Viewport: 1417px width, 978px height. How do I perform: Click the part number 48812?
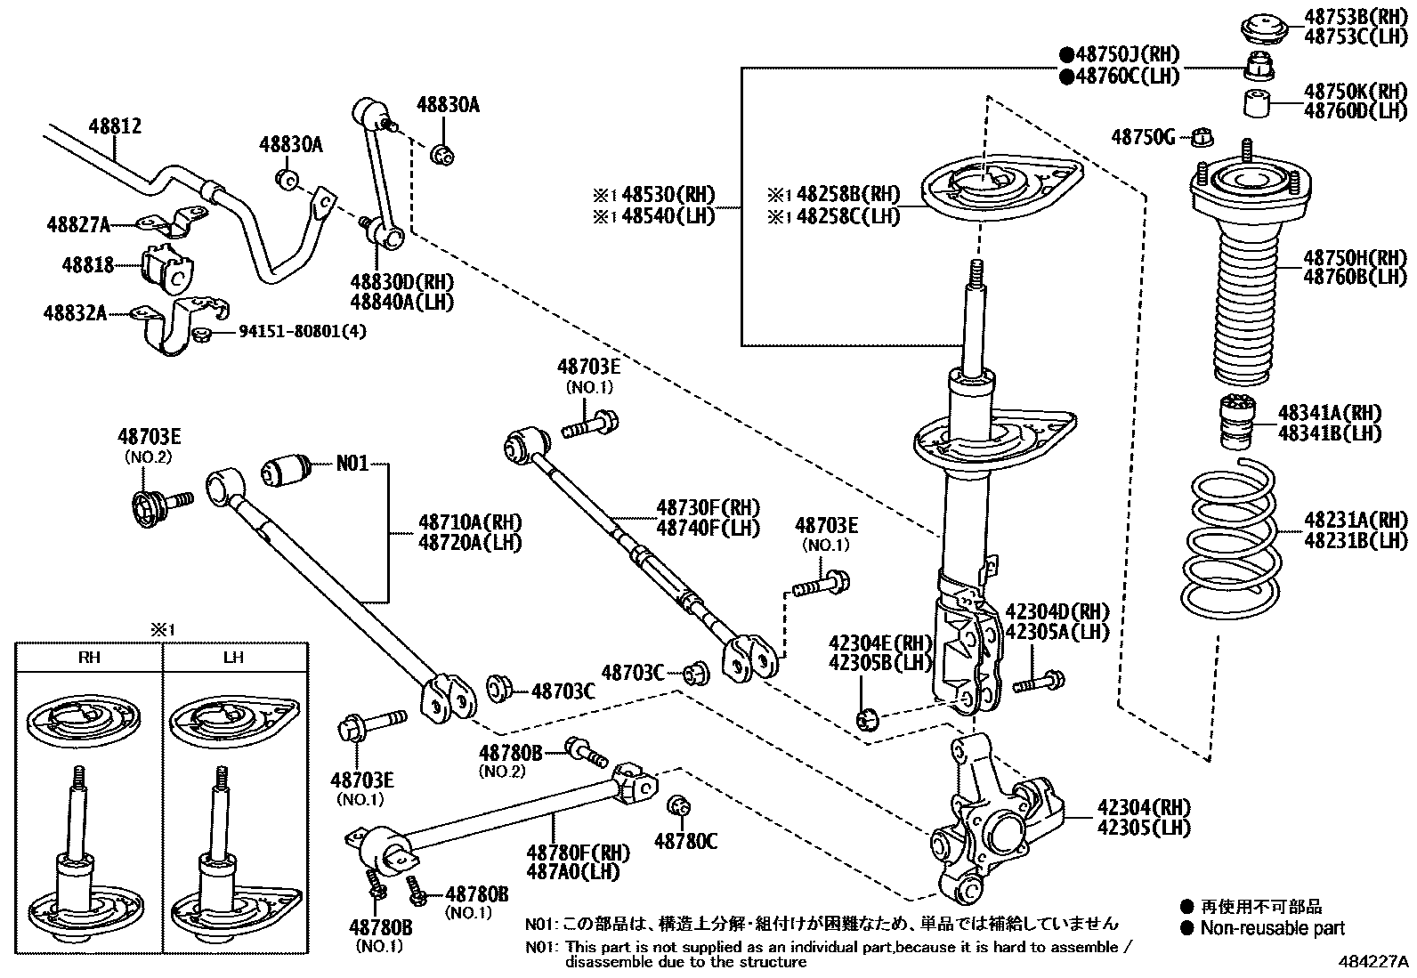[x=115, y=127]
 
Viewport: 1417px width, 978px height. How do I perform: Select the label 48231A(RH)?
[x=1356, y=520]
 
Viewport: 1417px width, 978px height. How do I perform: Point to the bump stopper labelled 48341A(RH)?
[x=1235, y=423]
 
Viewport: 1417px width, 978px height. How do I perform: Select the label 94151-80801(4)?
[x=303, y=332]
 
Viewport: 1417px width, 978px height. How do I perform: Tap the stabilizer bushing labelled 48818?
[x=166, y=268]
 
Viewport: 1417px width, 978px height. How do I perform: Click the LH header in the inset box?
[x=233, y=658]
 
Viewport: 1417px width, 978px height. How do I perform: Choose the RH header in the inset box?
[x=89, y=658]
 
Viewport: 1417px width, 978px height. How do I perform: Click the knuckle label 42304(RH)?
[x=1143, y=808]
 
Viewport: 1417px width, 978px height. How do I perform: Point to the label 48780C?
[x=685, y=839]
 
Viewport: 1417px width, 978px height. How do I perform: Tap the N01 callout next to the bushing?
[x=352, y=464]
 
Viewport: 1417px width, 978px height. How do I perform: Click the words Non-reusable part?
[x=1272, y=928]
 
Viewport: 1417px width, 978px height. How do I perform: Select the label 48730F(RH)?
[x=708, y=508]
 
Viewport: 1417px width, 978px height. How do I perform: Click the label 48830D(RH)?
[x=401, y=282]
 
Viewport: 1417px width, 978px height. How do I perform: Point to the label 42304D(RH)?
[x=1057, y=611]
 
